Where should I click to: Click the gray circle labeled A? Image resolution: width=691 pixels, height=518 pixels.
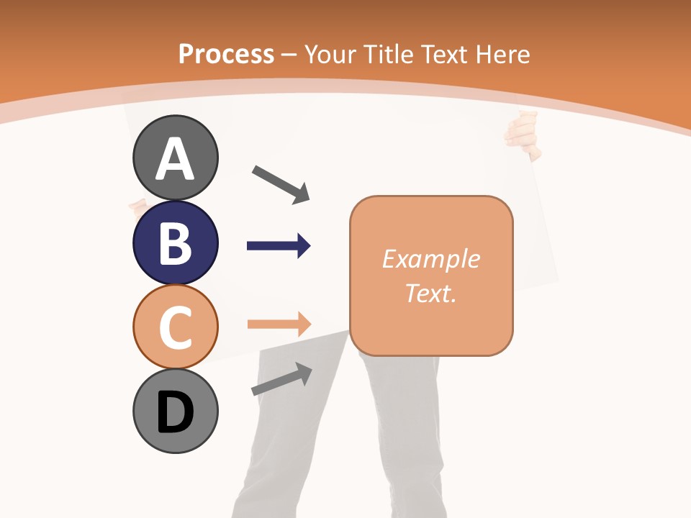pyautogui.click(x=175, y=158)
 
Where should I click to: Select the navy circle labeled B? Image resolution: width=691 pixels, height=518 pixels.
pyautogui.click(x=175, y=242)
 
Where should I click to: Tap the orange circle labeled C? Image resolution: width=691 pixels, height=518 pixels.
pyautogui.click(x=175, y=326)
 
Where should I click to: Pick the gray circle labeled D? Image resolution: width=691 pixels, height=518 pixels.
pyautogui.click(x=175, y=411)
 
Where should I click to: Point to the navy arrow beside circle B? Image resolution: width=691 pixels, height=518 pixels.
pyautogui.click(x=279, y=246)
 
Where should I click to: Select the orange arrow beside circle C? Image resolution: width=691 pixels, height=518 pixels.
pyautogui.click(x=279, y=324)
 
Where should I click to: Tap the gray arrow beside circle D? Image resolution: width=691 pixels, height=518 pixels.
pyautogui.click(x=281, y=379)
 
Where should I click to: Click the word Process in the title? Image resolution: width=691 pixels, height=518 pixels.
pyautogui.click(x=226, y=54)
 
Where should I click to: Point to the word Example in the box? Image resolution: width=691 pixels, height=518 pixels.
pyautogui.click(x=430, y=259)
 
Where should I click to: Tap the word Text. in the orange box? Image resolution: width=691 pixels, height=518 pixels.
pyautogui.click(x=430, y=293)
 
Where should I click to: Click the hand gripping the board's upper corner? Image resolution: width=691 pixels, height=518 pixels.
pyautogui.click(x=524, y=134)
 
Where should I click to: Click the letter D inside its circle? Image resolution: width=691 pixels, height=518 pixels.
pyautogui.click(x=175, y=412)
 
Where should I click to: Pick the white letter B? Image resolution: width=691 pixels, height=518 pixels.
pyautogui.click(x=175, y=243)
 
